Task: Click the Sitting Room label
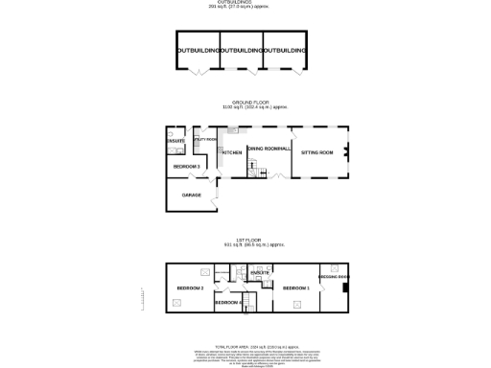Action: point(317,151)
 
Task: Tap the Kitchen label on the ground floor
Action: point(231,152)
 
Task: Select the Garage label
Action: point(192,195)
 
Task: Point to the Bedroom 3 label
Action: point(186,167)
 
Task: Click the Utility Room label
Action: point(205,140)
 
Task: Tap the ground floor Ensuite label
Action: point(175,142)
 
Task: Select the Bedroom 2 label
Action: point(190,287)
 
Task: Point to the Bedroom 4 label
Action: point(227,302)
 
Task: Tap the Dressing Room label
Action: point(335,277)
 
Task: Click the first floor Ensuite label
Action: point(260,275)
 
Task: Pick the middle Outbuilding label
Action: point(241,50)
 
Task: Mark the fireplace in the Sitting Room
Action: point(347,150)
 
